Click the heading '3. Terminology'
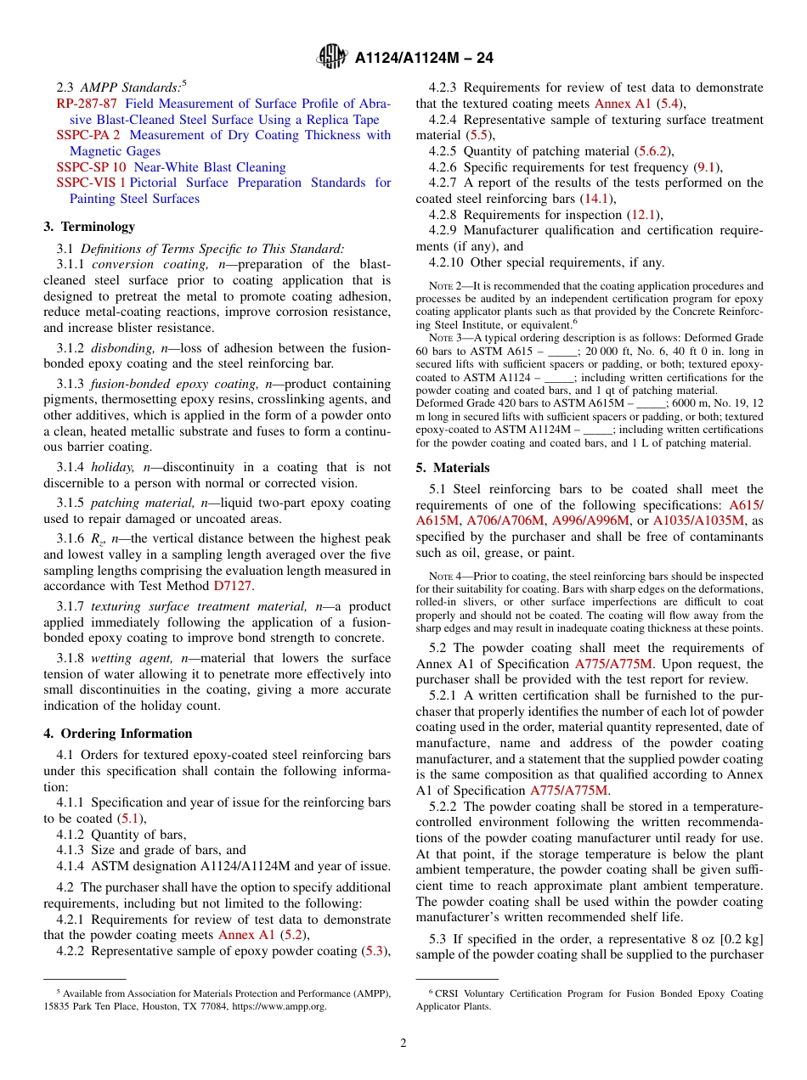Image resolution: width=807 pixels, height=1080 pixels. pos(89,227)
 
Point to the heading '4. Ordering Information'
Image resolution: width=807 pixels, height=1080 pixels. pos(118,734)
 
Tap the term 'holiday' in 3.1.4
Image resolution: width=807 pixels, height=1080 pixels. pos(114,467)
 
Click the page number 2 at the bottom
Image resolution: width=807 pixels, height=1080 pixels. pos(403,1043)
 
